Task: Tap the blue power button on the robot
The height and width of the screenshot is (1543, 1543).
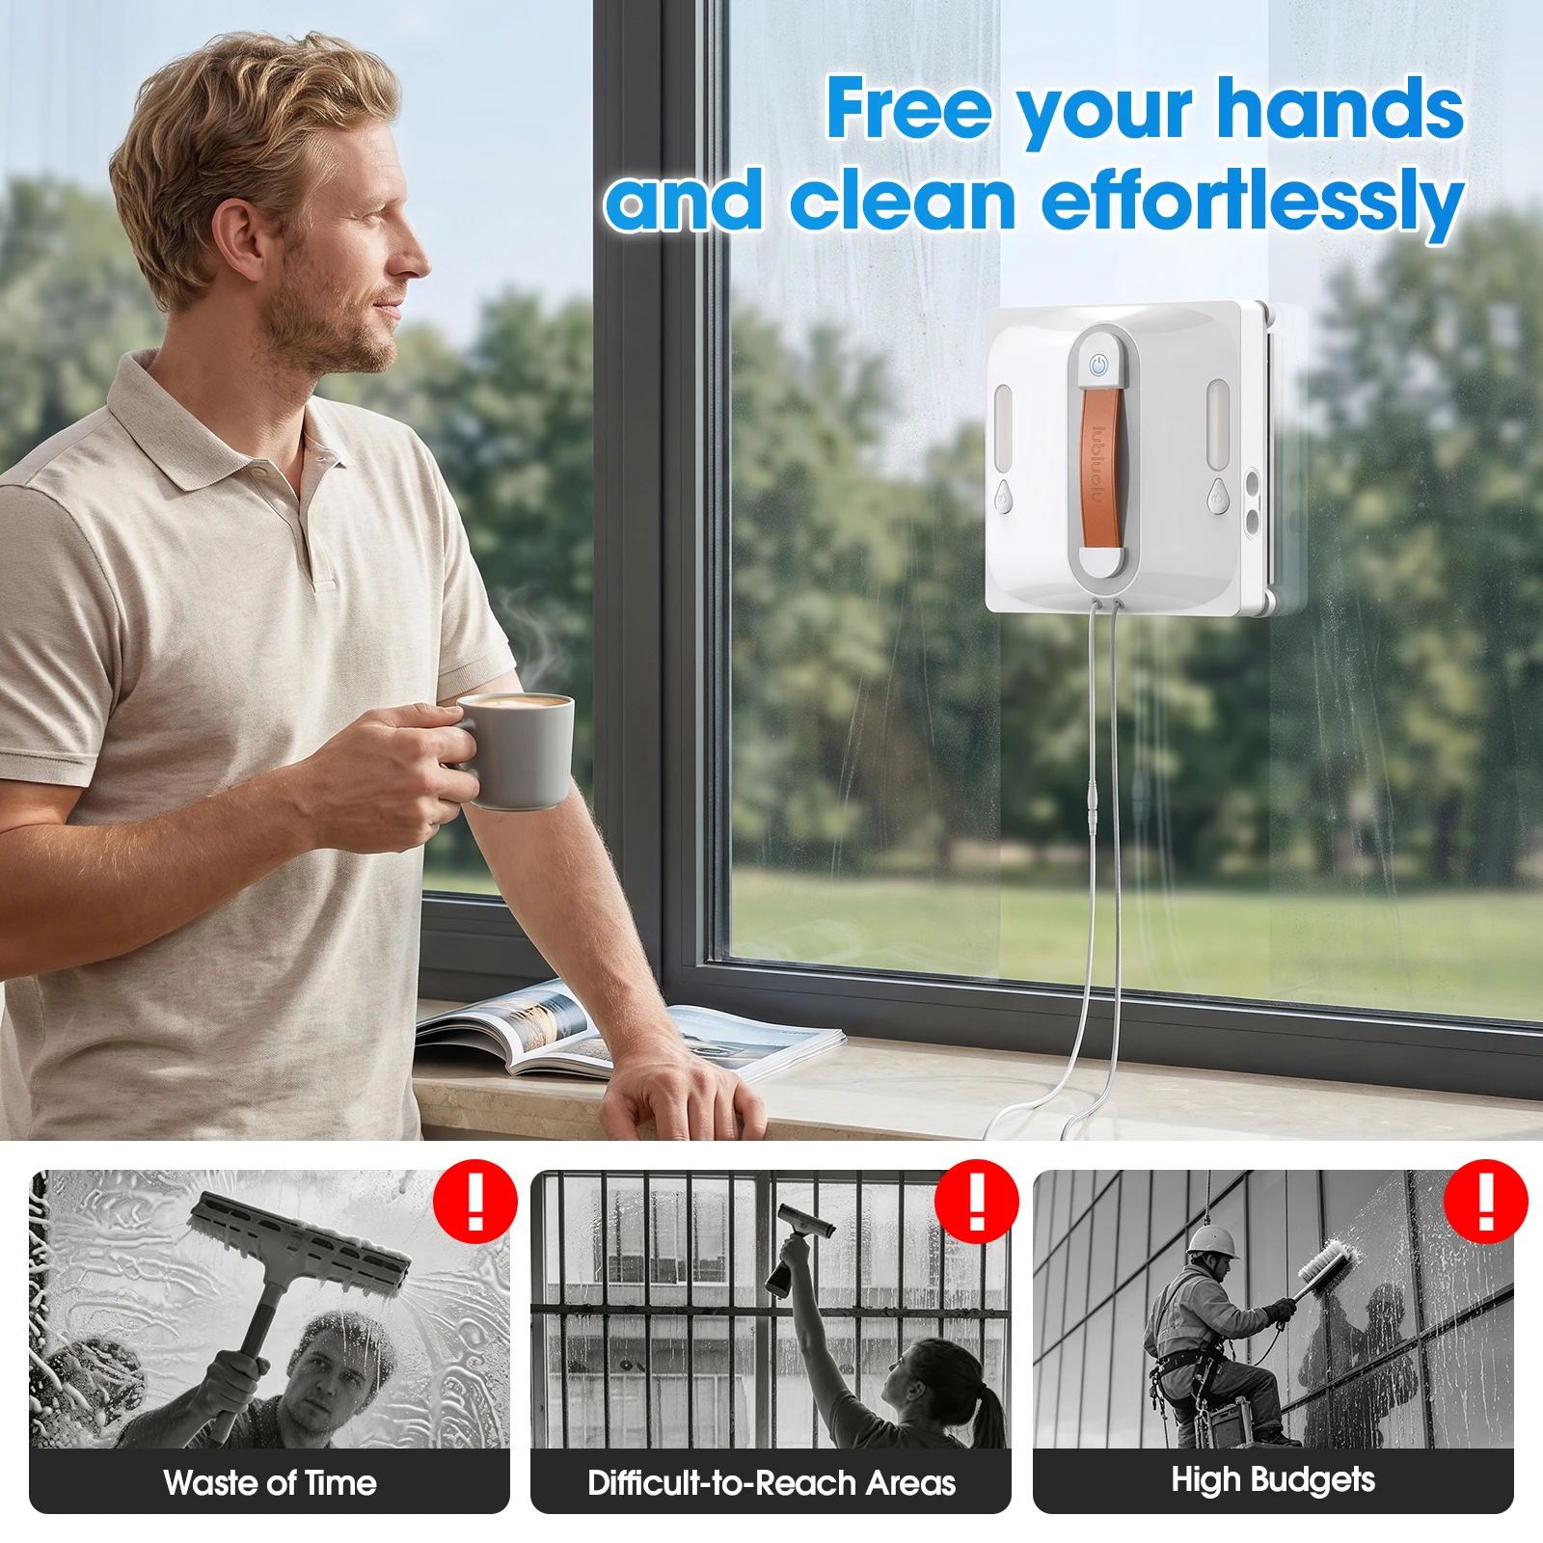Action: (x=1098, y=366)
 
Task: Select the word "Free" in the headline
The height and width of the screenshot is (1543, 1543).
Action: (x=909, y=108)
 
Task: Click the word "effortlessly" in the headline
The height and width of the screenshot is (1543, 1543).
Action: (x=1253, y=203)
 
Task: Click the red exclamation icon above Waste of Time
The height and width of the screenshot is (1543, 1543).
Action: (x=475, y=1202)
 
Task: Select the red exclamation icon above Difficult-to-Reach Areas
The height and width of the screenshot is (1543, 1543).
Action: (x=977, y=1202)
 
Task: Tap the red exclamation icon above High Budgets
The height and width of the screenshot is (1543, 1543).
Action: (x=1486, y=1202)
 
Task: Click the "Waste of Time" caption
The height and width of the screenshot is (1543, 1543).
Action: (x=270, y=1482)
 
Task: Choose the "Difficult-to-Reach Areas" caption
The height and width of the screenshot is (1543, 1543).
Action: (x=771, y=1482)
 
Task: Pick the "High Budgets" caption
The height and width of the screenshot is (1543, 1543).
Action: (x=1273, y=1480)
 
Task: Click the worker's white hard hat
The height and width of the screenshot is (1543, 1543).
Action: (x=1212, y=1241)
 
